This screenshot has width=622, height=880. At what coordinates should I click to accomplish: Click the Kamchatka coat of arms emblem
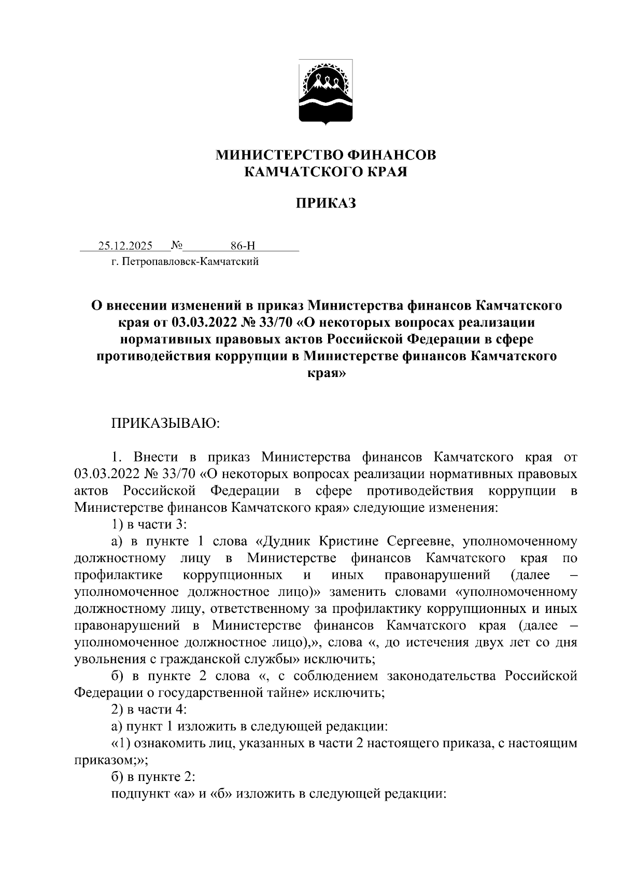pyautogui.click(x=326, y=92)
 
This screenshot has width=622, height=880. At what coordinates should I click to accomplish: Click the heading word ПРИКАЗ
pyautogui.click(x=326, y=204)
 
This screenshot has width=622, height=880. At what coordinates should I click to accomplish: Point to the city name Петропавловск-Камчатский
pyautogui.click(x=190, y=262)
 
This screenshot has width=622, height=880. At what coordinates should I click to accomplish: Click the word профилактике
pyautogui.click(x=119, y=575)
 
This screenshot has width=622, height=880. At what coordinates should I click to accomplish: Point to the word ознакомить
pyautogui.click(x=158, y=743)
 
